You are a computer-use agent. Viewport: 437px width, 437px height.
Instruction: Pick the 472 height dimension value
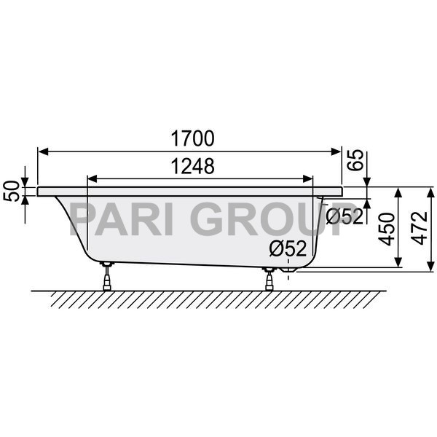416,228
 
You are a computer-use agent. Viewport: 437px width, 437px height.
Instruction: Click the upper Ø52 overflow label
345,216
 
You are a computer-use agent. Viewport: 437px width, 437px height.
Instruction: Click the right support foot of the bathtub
270,277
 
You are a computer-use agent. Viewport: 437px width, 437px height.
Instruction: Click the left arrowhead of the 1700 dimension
42,151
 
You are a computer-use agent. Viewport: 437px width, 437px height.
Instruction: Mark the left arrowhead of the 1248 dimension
91,178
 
